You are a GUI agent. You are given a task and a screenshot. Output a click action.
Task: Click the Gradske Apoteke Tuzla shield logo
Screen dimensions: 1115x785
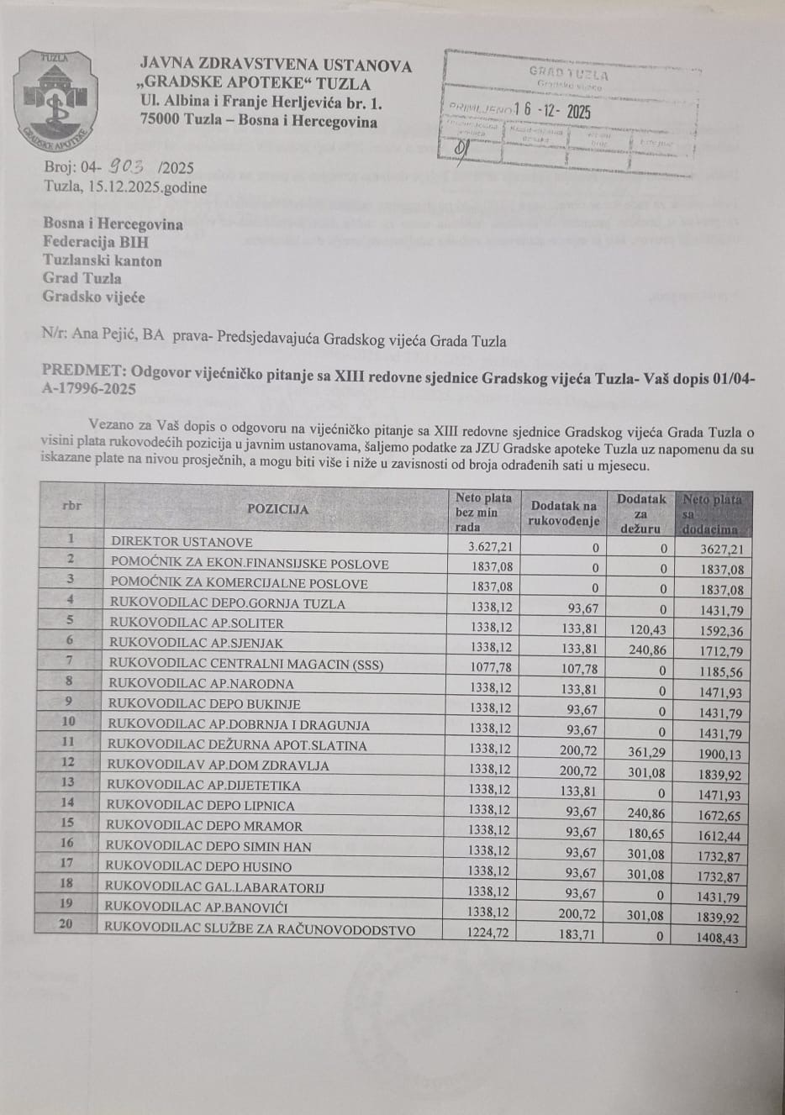click(55, 99)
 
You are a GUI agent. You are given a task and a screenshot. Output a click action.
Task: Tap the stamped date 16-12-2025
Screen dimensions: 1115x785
click(552, 111)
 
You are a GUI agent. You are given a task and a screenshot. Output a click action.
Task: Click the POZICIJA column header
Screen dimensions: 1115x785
click(277, 509)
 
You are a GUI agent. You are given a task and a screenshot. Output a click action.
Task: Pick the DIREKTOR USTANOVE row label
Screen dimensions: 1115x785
click(182, 542)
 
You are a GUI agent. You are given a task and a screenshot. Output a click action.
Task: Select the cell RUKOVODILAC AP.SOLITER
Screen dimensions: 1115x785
click(196, 623)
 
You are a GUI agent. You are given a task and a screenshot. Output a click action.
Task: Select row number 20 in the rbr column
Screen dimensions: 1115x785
click(66, 924)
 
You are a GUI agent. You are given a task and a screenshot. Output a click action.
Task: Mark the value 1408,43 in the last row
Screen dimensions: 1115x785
click(719, 937)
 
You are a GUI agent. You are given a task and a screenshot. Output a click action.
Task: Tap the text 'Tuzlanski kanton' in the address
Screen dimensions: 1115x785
click(103, 260)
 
